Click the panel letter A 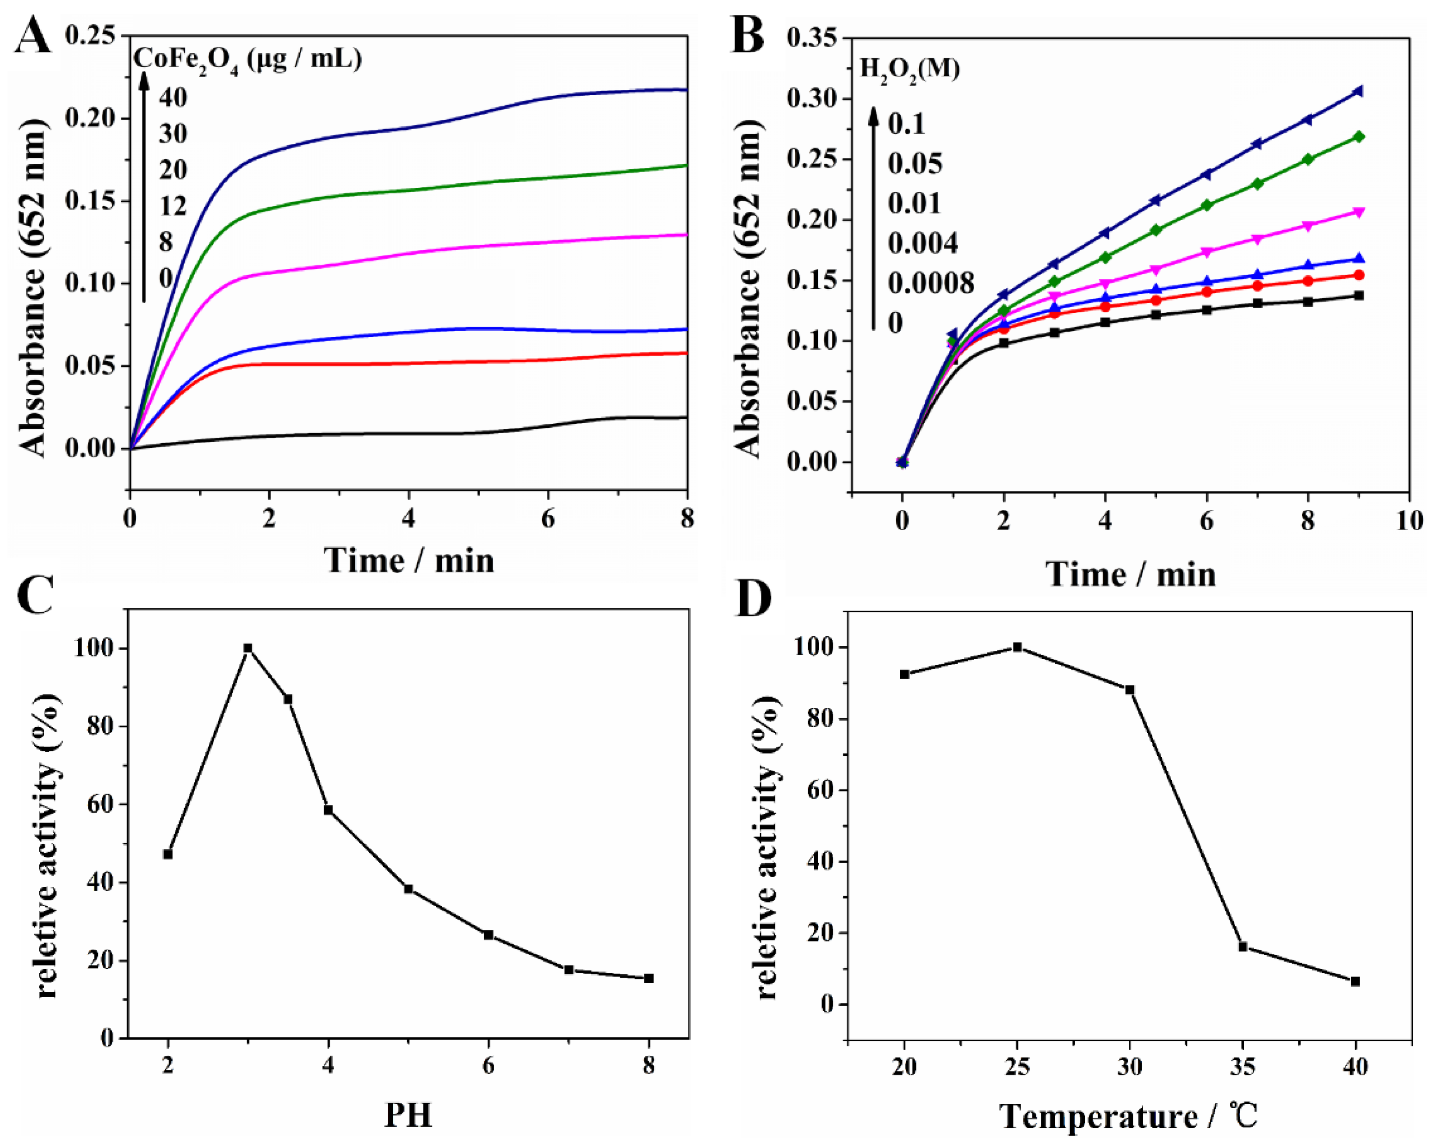(32, 37)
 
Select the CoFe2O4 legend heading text (247, 59)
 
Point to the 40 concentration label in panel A (173, 98)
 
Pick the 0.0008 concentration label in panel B (930, 284)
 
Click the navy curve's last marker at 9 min (1358, 91)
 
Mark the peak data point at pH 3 (247, 648)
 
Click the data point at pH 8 (649, 978)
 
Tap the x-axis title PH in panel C (408, 1115)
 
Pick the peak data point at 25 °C (1017, 647)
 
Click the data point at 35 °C (1243, 946)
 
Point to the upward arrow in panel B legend (873, 220)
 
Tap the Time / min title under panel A (408, 560)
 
